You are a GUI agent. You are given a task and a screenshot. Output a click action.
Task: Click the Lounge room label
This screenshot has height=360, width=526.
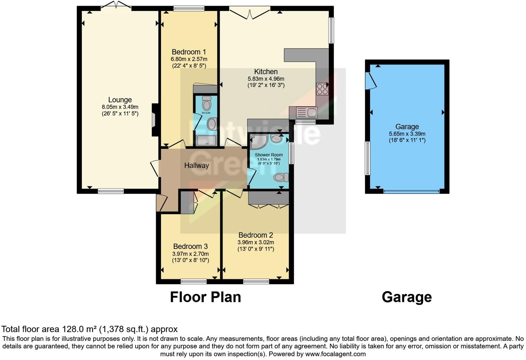(x=120, y=100)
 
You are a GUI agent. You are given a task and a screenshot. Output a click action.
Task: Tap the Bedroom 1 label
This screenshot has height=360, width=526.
(x=189, y=52)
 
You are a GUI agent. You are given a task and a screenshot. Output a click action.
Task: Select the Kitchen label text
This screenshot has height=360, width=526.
(x=266, y=72)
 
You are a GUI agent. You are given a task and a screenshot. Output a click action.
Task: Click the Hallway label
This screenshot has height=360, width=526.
(x=196, y=165)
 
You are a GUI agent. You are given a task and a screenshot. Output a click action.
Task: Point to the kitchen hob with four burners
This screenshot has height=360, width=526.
(x=322, y=89)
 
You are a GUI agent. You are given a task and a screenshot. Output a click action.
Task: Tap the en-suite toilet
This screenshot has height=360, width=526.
(x=207, y=104)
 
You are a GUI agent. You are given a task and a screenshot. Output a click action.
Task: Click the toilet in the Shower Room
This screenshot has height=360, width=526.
(x=281, y=178)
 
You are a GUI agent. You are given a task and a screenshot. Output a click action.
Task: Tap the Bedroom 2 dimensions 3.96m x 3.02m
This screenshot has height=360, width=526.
(x=255, y=242)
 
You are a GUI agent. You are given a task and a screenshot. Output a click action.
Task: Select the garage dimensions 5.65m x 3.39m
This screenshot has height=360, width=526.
(x=407, y=134)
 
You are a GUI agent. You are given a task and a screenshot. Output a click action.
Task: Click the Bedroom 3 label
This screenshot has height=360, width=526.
(x=190, y=246)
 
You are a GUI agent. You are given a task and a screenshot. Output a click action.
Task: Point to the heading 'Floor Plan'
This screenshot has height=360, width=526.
(x=205, y=297)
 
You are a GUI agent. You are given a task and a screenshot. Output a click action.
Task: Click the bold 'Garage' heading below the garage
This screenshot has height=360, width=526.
(x=407, y=297)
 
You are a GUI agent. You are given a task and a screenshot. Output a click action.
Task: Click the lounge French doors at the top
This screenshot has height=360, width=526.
(x=116, y=6)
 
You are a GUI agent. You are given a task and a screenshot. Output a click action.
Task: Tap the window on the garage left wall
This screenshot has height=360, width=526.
(x=368, y=158)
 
